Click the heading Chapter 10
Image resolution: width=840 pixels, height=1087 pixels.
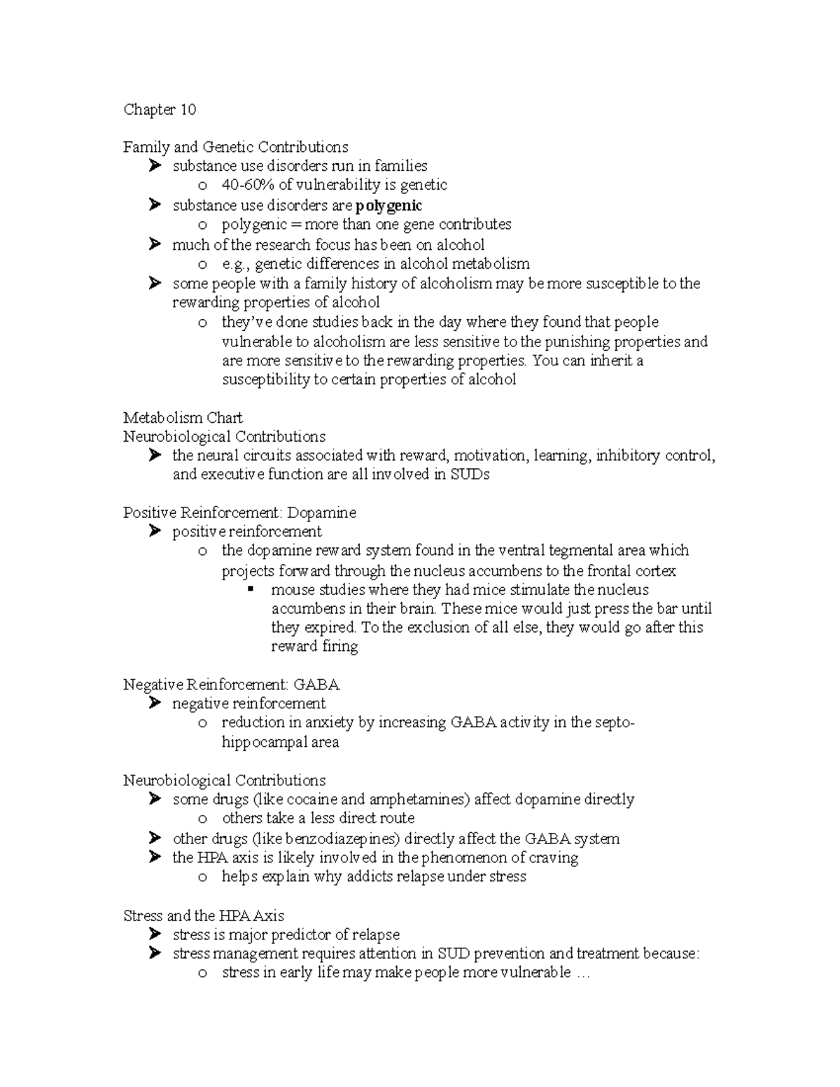pyautogui.click(x=160, y=109)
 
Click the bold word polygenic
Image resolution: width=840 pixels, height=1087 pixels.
pyautogui.click(x=388, y=206)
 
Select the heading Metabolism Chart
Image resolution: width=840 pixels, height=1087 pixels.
pyautogui.click(x=183, y=418)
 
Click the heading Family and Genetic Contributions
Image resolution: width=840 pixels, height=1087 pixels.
pyautogui.click(x=235, y=147)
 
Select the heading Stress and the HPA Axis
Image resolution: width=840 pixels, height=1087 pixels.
pyautogui.click(x=203, y=916)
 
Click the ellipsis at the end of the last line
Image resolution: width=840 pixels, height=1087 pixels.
pyautogui.click(x=582, y=973)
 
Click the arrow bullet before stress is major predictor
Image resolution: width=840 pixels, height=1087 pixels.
pyautogui.click(x=154, y=934)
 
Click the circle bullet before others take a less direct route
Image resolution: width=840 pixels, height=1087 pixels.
pyautogui.click(x=202, y=819)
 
